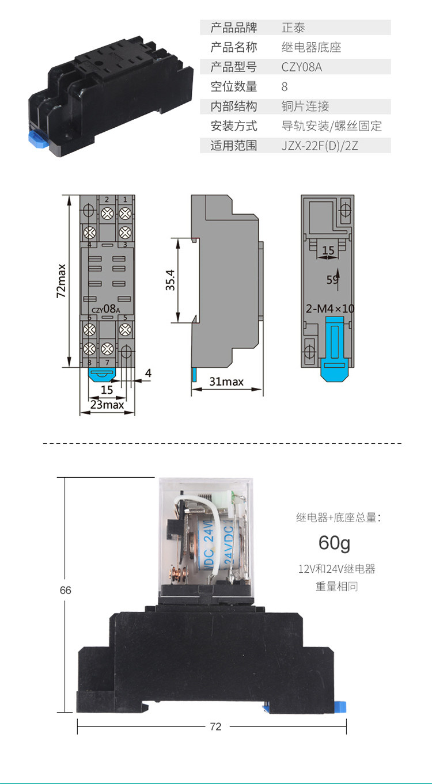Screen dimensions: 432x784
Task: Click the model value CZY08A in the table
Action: pyautogui.click(x=301, y=67)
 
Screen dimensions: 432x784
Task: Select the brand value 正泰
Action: pyautogui.click(x=293, y=27)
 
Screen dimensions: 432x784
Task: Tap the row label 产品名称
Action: pyautogui.click(x=233, y=47)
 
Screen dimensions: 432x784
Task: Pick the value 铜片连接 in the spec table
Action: pyautogui.click(x=305, y=106)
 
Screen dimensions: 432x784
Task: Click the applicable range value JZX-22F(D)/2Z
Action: pyautogui.click(x=320, y=145)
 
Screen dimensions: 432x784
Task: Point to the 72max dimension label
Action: pyautogui.click(x=62, y=280)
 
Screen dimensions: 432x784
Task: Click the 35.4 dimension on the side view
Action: pyautogui.click(x=170, y=280)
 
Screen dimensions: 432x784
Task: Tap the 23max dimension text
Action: pyautogui.click(x=107, y=405)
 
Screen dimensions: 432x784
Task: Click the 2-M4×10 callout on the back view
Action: pyautogui.click(x=330, y=309)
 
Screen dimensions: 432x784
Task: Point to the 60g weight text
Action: pyautogui.click(x=334, y=543)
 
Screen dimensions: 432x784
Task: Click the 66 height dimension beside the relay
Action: pyautogui.click(x=65, y=590)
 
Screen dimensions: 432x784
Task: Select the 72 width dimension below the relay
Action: pyautogui.click(x=215, y=726)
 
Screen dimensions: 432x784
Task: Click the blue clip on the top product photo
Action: pyautogui.click(x=37, y=139)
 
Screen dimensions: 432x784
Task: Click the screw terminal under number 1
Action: pyautogui.click(x=125, y=214)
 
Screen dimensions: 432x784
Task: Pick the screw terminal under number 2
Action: pyautogui.click(x=107, y=214)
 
